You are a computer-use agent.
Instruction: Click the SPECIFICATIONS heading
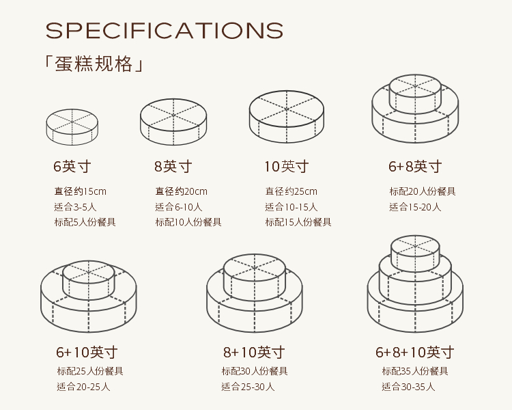tap(164, 31)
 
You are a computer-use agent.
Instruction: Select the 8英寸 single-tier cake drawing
tap(173, 122)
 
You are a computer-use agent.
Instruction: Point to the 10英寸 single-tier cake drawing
tap(286, 117)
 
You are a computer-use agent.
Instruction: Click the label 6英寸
tap(72, 166)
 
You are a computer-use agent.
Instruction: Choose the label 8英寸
tap(173, 166)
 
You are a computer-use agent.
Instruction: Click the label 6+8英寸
tap(415, 166)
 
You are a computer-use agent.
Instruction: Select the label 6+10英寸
tap(87, 353)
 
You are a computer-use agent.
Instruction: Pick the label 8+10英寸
tap(254, 353)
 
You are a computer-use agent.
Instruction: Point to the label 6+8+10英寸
tap(414, 353)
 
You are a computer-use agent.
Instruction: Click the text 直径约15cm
tap(81, 191)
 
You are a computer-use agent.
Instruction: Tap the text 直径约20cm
tap(181, 191)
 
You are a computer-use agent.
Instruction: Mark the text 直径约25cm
tap(291, 191)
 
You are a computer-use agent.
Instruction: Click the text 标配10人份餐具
tap(188, 222)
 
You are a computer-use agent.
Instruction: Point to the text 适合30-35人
tap(408, 387)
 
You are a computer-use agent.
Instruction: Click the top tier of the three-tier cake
tap(415, 252)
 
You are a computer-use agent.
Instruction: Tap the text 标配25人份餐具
tap(90, 371)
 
